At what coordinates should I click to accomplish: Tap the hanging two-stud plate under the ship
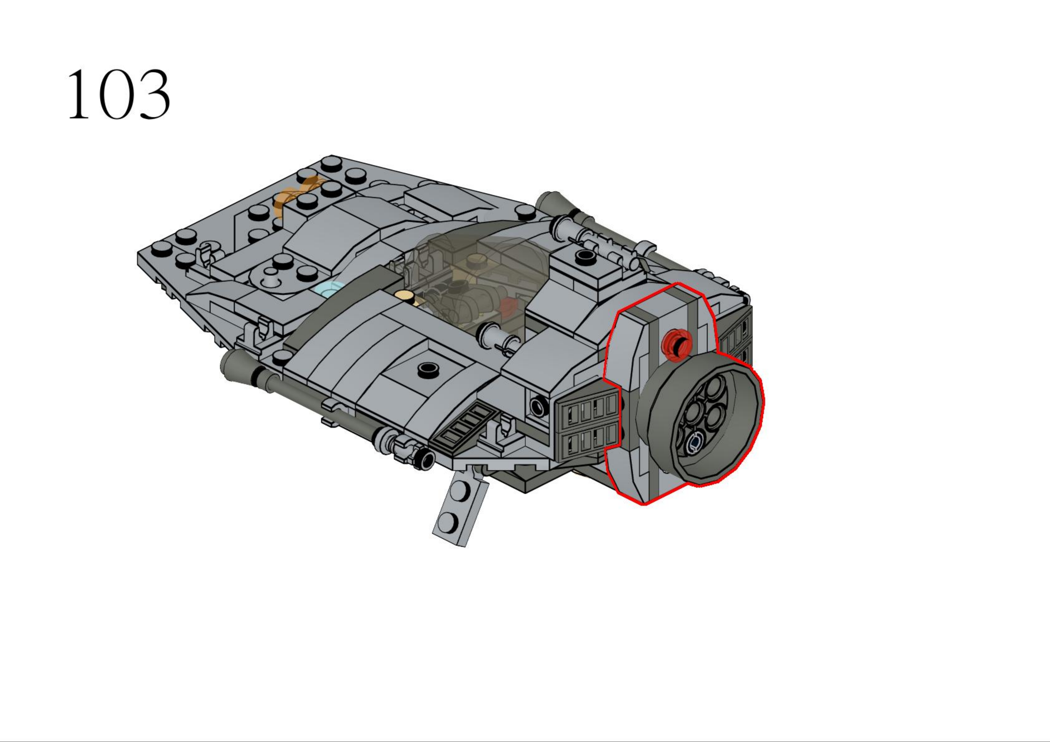tap(460, 508)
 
